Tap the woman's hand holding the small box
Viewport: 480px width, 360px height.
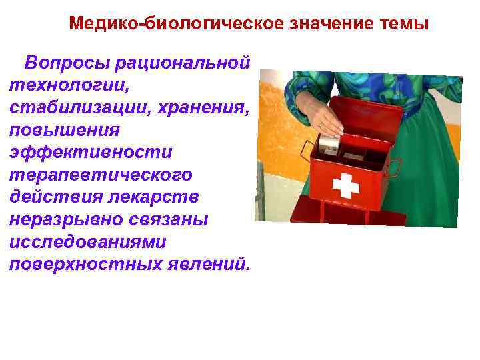pos(327,120)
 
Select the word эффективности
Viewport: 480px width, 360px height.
pos(90,152)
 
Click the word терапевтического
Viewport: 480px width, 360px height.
pos(101,175)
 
